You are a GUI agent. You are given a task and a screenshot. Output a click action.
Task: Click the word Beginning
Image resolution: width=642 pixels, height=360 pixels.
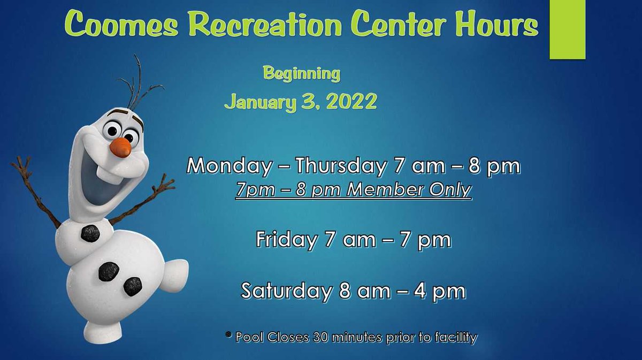click(302, 73)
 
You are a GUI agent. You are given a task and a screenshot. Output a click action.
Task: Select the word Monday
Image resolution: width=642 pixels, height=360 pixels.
click(228, 166)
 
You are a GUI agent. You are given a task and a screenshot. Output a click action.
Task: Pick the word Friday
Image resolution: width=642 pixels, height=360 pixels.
click(286, 240)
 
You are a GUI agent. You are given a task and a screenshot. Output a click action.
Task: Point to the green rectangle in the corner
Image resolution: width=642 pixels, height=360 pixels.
click(567, 29)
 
